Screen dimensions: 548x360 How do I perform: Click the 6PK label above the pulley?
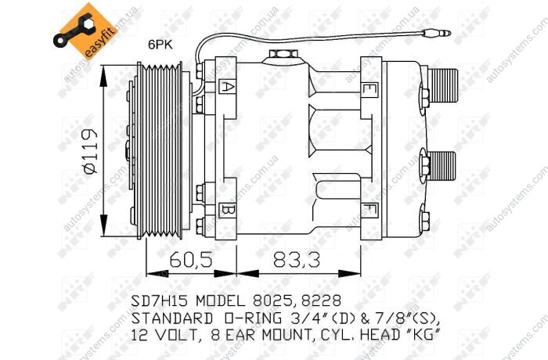[x=160, y=45]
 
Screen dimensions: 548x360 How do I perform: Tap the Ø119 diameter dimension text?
[x=90, y=151]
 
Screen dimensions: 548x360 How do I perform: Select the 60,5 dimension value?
[x=191, y=260]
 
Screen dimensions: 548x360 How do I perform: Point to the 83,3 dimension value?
[x=297, y=260]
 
